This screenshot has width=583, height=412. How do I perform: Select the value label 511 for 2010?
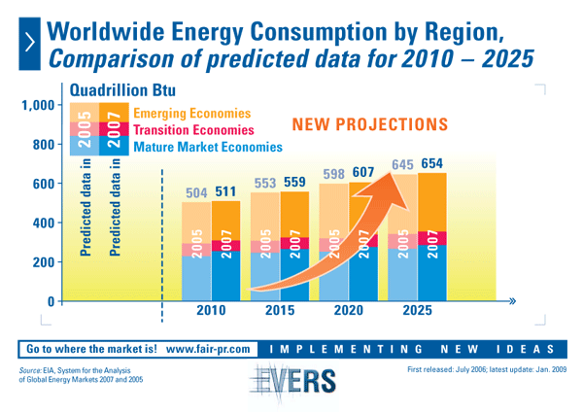click(x=227, y=190)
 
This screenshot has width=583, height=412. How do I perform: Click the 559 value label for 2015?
click(x=295, y=182)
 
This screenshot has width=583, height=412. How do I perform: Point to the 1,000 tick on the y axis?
click(x=38, y=106)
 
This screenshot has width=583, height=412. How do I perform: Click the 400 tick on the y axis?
click(x=43, y=223)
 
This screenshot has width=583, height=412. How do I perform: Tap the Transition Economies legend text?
click(x=192, y=129)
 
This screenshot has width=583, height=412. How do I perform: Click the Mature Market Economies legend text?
click(x=207, y=147)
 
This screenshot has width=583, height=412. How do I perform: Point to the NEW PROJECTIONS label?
click(x=370, y=124)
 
